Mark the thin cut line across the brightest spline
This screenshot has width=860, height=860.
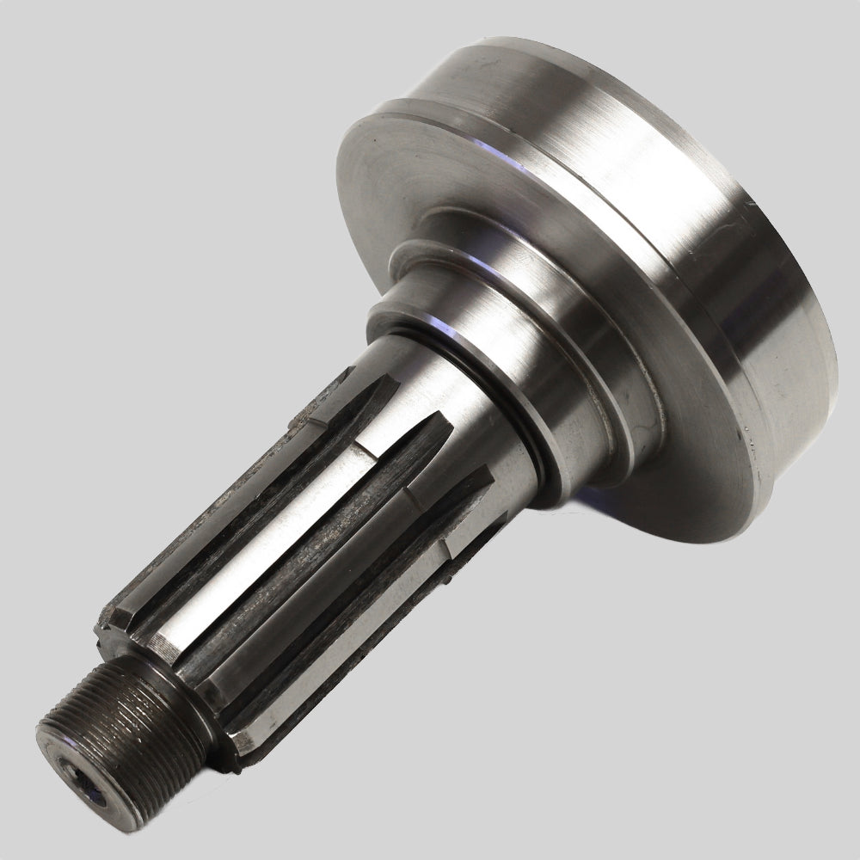[365, 451]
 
